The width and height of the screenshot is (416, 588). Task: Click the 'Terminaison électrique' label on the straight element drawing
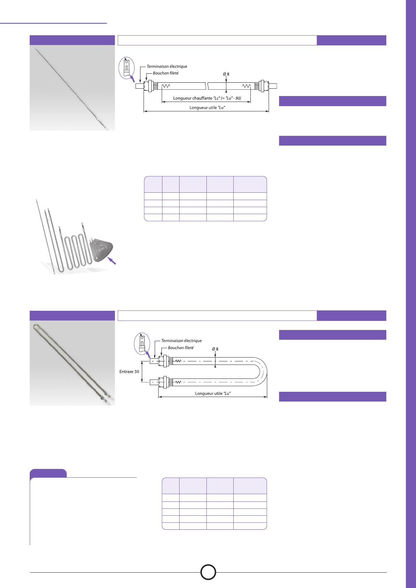tap(167, 66)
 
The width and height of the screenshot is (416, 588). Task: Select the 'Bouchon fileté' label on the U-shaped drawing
tap(181, 347)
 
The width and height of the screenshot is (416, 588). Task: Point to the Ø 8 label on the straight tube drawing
tap(226, 74)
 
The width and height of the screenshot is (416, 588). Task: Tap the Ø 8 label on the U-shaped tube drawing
tap(215, 349)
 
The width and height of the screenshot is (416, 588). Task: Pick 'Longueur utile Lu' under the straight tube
tap(207, 108)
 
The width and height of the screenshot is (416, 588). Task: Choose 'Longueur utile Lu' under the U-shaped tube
tap(213, 393)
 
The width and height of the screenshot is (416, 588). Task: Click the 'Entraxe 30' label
tap(129, 372)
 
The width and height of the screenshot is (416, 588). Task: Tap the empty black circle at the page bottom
tap(208, 572)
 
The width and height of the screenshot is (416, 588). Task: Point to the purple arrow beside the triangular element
tap(112, 261)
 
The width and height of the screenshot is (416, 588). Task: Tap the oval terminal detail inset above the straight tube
tap(126, 68)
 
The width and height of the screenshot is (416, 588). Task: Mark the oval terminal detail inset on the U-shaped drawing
tap(142, 343)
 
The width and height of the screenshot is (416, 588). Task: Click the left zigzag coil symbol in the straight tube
tap(166, 86)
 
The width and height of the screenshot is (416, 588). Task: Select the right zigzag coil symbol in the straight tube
tap(246, 86)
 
